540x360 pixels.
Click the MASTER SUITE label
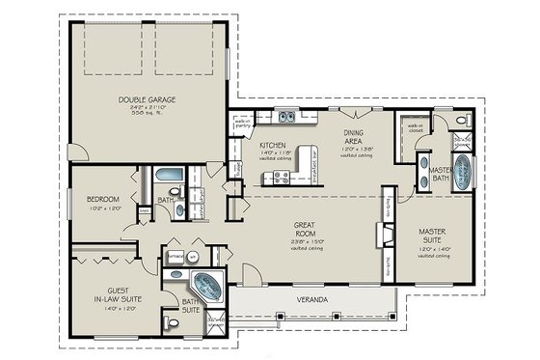click(432, 236)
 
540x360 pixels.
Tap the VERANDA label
click(311, 300)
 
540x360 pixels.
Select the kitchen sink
click(286, 118)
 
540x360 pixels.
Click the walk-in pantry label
click(244, 123)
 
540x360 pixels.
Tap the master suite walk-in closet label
click(416, 127)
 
